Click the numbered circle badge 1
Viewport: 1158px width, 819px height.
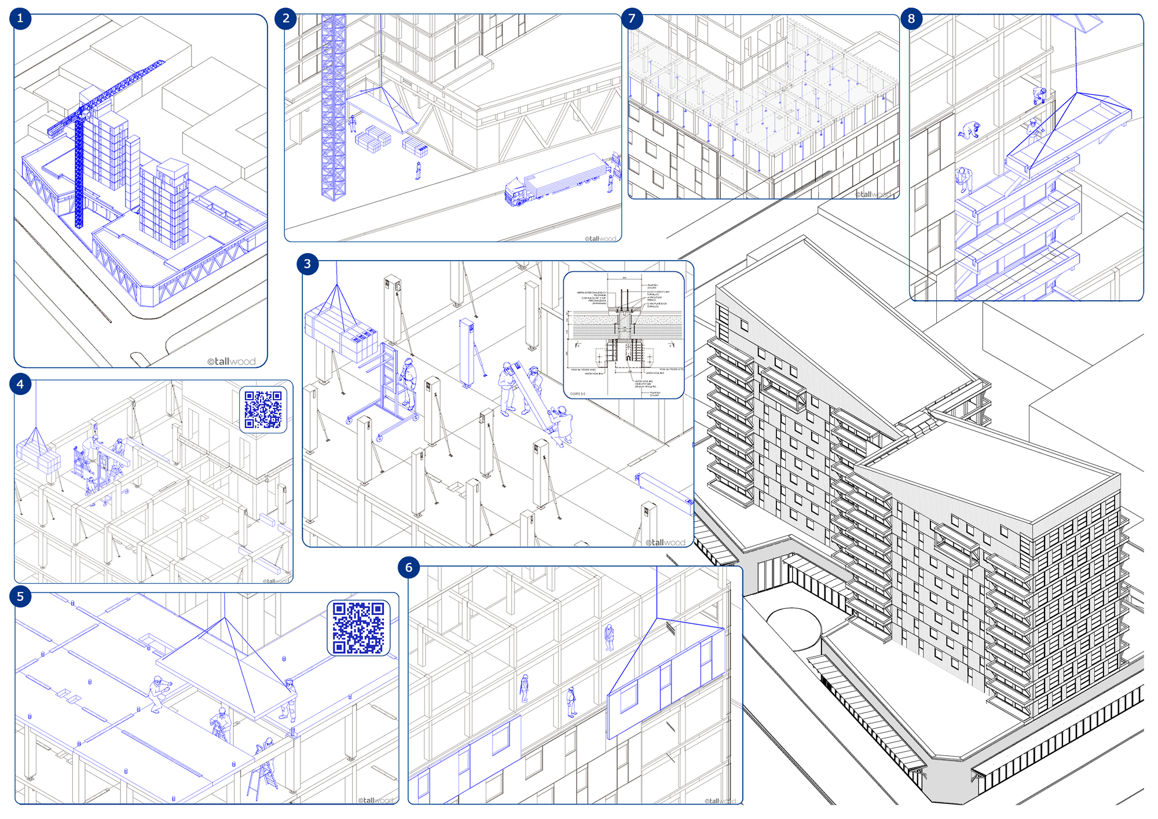[20, 19]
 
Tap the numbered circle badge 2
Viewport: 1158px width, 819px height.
[286, 19]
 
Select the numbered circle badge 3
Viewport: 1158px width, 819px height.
[307, 264]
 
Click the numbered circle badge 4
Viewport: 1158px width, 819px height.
[20, 384]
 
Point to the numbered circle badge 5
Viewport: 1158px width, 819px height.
[20, 597]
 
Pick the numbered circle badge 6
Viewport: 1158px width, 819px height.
[409, 568]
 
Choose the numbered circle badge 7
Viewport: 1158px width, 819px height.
[632, 19]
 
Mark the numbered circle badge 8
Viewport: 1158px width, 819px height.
[911, 19]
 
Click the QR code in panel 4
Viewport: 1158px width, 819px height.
[263, 409]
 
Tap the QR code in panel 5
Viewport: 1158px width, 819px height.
[358, 628]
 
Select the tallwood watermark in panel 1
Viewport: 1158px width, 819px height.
[232, 361]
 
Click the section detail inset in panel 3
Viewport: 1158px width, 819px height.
[624, 335]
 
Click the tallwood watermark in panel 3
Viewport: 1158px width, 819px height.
[666, 543]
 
